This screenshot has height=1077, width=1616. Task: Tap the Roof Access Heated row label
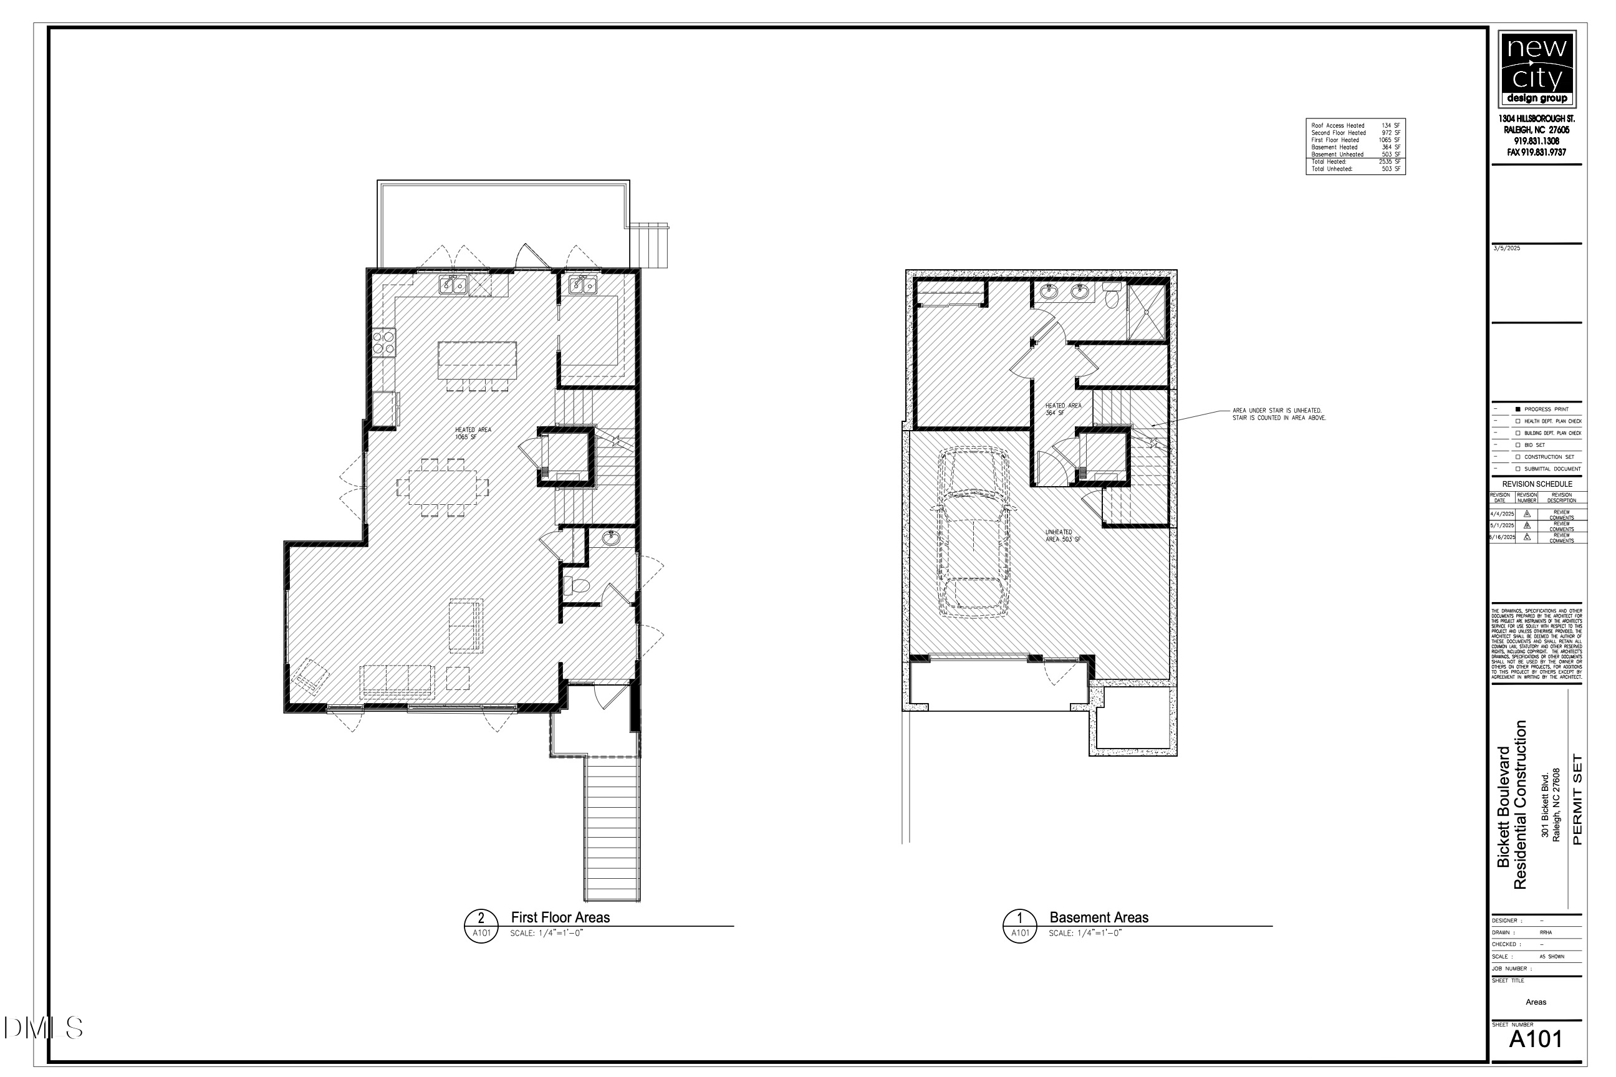coord(1338,126)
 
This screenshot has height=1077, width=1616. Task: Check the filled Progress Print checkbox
coord(1517,409)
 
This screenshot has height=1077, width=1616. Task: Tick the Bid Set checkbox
coord(1517,445)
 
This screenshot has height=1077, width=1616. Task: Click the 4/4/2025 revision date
coord(1502,514)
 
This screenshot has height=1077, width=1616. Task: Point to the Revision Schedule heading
coord(1537,484)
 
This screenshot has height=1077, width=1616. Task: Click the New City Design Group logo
coord(1537,69)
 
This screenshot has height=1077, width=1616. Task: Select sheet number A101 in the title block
coord(1536,1039)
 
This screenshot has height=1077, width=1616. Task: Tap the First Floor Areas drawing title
coord(560,917)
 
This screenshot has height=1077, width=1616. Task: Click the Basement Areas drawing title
coord(1099,917)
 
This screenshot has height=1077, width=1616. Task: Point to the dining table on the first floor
coord(443,487)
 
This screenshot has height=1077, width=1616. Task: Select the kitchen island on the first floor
coord(477,360)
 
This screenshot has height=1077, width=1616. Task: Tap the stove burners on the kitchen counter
coord(383,342)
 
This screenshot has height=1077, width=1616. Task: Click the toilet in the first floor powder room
coord(576,586)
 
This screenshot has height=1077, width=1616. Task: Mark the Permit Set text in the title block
coord(1577,800)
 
